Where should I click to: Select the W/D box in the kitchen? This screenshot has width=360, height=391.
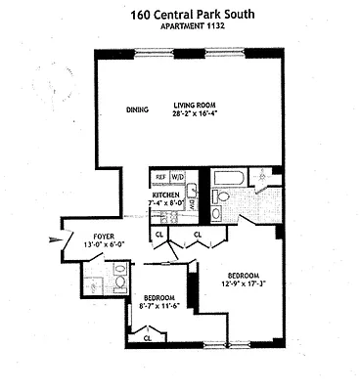[x=178, y=177]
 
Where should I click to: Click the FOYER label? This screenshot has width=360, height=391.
[x=105, y=237]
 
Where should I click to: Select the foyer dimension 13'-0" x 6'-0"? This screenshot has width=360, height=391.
[x=105, y=245]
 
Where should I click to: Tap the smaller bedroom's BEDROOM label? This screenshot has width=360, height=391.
[x=158, y=296]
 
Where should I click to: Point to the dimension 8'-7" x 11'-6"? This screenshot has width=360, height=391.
[x=158, y=305]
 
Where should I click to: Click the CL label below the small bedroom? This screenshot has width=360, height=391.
[x=148, y=338]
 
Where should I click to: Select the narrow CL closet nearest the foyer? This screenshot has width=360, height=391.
[x=158, y=235]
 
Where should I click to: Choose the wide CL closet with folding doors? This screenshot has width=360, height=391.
[x=197, y=235]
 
